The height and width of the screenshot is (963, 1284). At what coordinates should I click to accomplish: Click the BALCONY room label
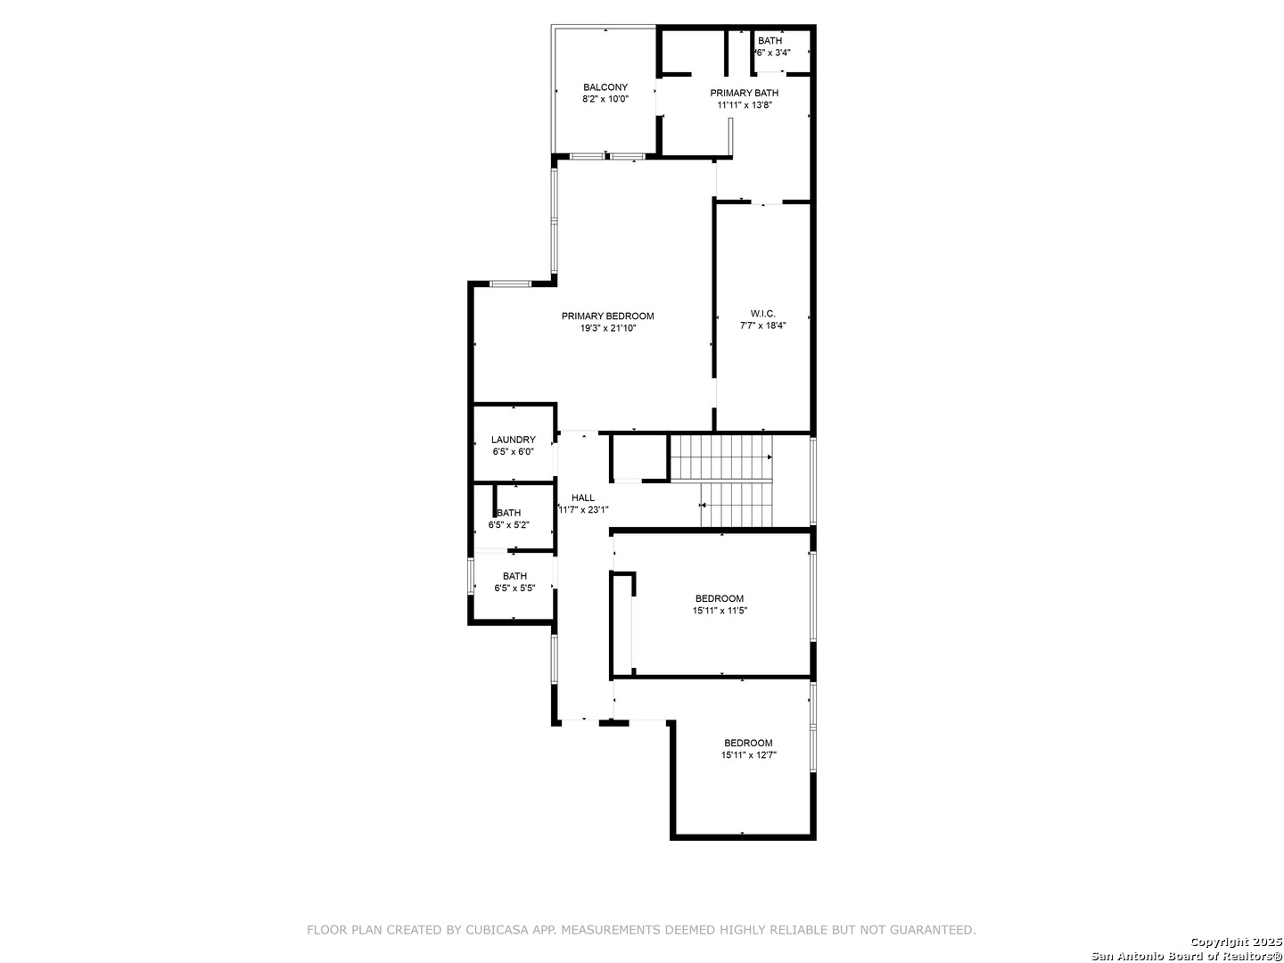(x=605, y=87)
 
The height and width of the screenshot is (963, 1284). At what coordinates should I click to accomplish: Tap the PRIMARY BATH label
(x=744, y=93)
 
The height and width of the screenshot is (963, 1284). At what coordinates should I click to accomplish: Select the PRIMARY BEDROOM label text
(x=608, y=317)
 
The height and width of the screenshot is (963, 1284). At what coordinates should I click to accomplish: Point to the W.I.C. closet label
(x=762, y=314)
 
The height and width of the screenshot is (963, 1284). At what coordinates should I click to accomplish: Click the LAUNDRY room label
(x=513, y=440)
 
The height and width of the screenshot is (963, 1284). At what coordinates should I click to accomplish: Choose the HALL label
(x=582, y=498)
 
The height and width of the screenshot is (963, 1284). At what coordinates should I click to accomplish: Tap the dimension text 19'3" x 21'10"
(x=608, y=329)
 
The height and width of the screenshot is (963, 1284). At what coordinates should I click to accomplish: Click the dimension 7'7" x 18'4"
(x=762, y=325)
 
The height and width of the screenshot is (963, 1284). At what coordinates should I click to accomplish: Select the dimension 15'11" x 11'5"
(x=720, y=611)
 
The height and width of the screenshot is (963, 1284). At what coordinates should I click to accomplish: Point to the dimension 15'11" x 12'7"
(x=749, y=755)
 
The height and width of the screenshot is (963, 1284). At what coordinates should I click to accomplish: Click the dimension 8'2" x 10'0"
(x=605, y=99)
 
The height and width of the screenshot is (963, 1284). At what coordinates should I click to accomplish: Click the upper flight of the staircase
(x=720, y=457)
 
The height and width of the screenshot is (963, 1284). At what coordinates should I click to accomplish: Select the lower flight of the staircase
(x=737, y=505)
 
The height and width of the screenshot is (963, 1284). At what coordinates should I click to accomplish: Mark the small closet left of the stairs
(x=638, y=457)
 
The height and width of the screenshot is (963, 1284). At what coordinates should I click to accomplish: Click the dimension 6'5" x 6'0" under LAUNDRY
(x=513, y=451)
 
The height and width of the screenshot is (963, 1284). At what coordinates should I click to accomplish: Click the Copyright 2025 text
(x=1236, y=942)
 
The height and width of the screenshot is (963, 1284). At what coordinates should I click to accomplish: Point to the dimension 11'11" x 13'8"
(x=745, y=105)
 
